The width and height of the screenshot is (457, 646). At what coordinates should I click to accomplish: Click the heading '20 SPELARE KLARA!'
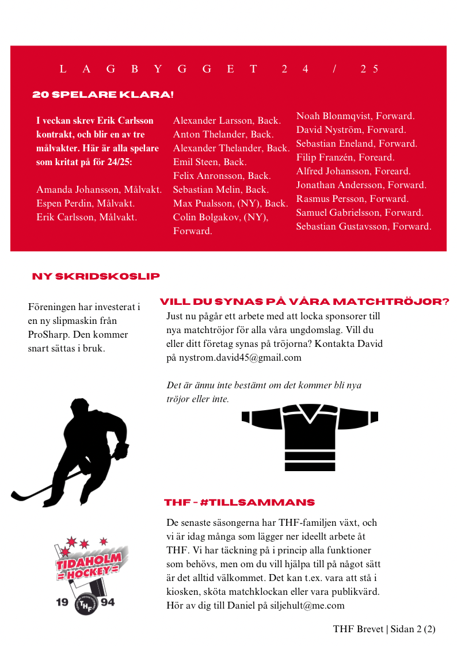[x=103, y=94]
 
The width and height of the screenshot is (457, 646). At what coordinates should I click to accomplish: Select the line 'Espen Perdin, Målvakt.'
[x=85, y=204]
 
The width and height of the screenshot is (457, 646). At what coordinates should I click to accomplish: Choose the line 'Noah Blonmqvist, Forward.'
[x=355, y=116]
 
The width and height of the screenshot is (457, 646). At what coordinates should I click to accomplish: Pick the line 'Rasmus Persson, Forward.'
[x=352, y=199]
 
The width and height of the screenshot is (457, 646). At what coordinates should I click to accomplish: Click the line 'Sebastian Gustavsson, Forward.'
[x=363, y=227]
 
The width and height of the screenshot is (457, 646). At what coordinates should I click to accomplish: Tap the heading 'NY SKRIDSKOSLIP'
[x=96, y=277]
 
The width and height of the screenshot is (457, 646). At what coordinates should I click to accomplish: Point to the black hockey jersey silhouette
[x=310, y=435]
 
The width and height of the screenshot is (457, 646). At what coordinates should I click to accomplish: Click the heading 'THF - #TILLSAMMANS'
[x=239, y=503]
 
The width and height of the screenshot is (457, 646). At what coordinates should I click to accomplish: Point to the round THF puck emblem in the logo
[x=86, y=604]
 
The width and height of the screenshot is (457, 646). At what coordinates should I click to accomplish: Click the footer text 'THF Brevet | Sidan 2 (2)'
[x=384, y=629]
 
